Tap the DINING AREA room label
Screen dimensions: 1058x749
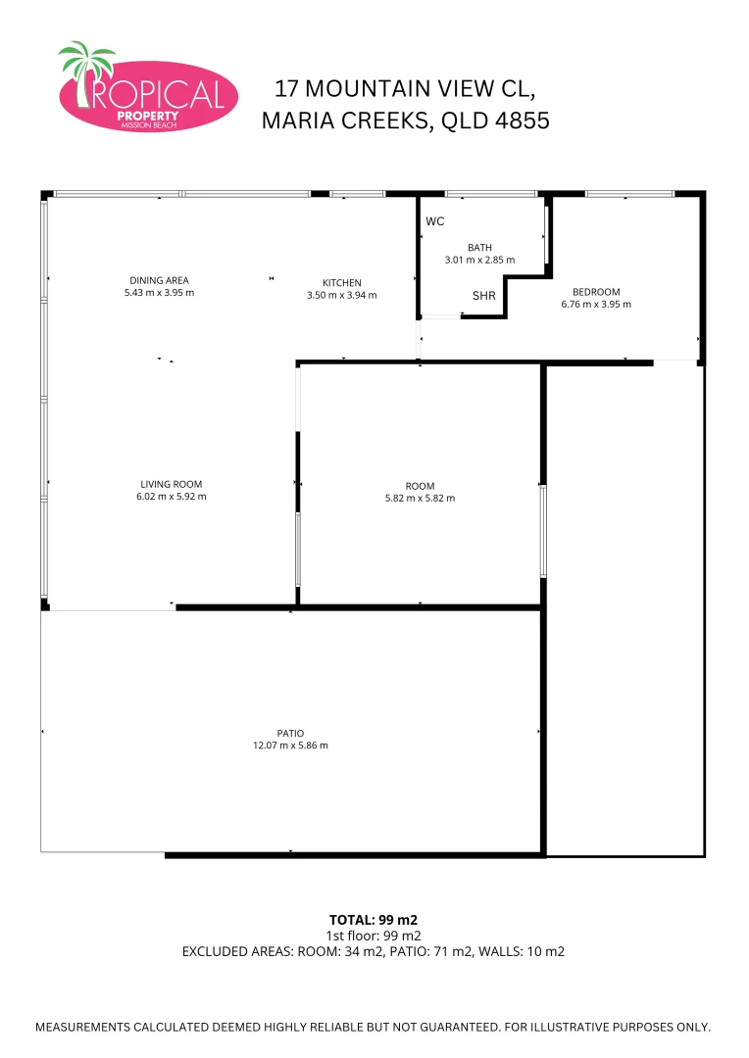click(159, 281)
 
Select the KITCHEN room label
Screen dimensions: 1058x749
click(342, 283)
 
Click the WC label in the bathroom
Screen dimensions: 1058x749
click(435, 221)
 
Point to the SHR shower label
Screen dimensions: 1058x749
click(483, 296)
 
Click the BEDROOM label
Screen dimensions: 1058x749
click(596, 292)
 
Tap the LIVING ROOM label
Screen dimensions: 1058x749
click(171, 484)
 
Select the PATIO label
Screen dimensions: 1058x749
click(290, 733)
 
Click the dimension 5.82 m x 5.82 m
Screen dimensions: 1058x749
click(420, 498)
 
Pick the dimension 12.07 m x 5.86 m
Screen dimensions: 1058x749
click(290, 745)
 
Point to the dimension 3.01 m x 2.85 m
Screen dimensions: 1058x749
click(479, 260)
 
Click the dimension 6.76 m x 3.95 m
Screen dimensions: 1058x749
click(596, 304)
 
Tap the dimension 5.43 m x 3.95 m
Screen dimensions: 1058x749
click(160, 293)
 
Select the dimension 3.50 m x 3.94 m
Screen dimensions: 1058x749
click(342, 295)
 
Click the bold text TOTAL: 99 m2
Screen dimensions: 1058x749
click(374, 920)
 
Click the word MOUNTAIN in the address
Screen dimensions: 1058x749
click(358, 88)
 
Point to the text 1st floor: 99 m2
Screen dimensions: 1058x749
click(374, 936)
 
